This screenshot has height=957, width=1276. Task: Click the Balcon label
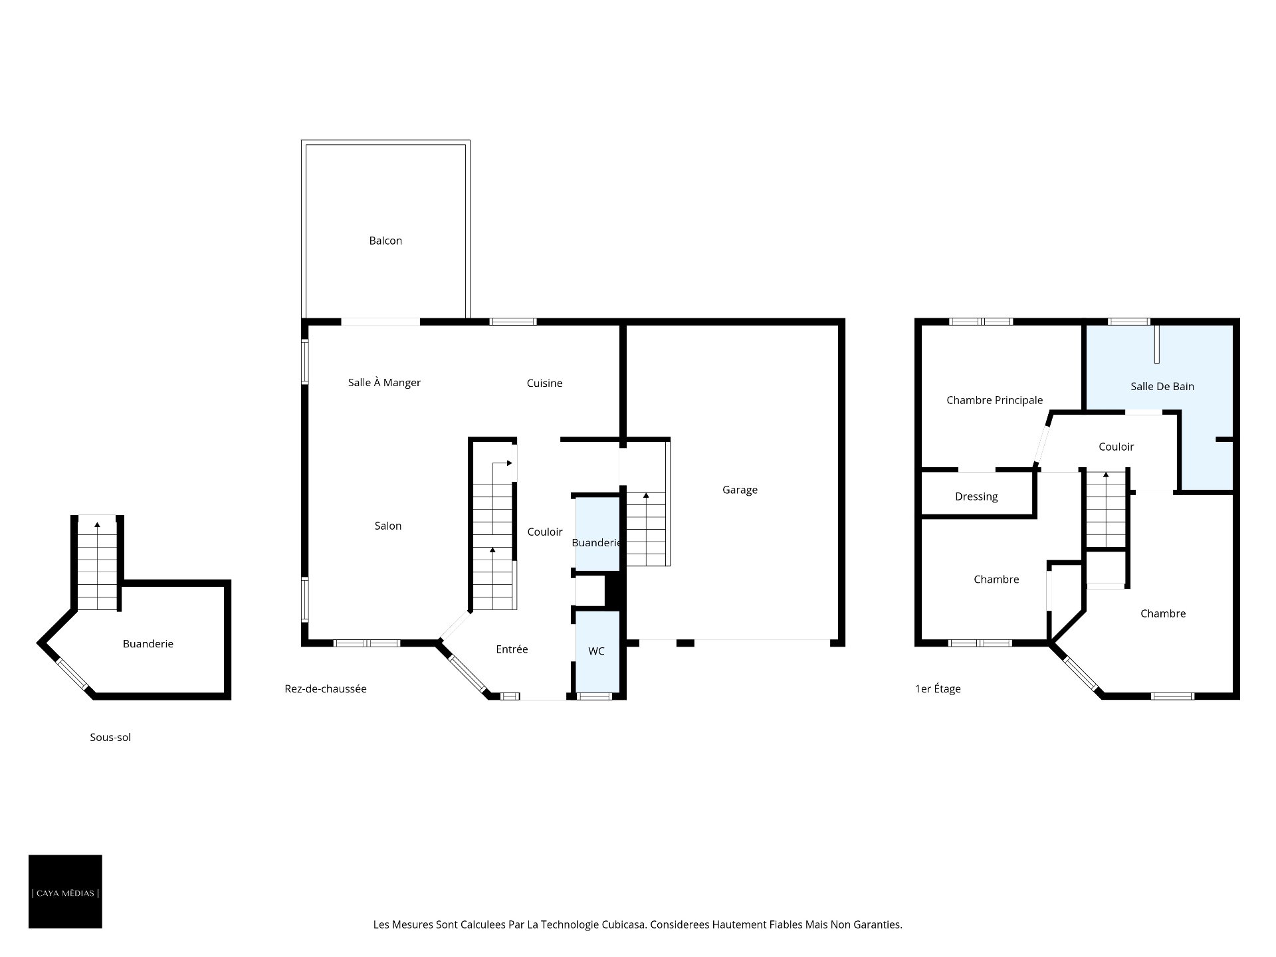coord(385,241)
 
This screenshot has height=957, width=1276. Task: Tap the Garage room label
coord(740,490)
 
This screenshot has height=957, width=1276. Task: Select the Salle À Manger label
coord(384,382)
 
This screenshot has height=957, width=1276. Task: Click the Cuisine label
coord(544,383)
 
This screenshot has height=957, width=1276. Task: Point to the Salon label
coord(388,526)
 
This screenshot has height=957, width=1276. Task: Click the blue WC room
coord(597,651)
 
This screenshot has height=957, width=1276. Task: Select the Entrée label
coord(512,649)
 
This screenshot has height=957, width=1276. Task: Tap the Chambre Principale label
coord(994,400)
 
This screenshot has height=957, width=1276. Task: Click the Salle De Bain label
coord(1162,386)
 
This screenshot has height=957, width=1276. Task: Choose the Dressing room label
coord(976,496)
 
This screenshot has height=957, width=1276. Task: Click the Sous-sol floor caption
coord(110,737)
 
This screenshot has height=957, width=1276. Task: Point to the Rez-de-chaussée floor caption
coord(326,689)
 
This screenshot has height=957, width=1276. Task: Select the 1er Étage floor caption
coord(938,689)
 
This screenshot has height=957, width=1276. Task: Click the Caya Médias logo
coord(65,891)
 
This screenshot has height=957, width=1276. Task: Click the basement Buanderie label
coord(148,643)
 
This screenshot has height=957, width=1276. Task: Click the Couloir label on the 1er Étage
coord(1116,447)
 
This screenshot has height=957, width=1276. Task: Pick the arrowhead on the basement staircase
coord(97,525)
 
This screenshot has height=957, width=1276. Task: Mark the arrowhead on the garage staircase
coord(646,495)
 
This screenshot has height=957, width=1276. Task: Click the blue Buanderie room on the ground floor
coord(597,534)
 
